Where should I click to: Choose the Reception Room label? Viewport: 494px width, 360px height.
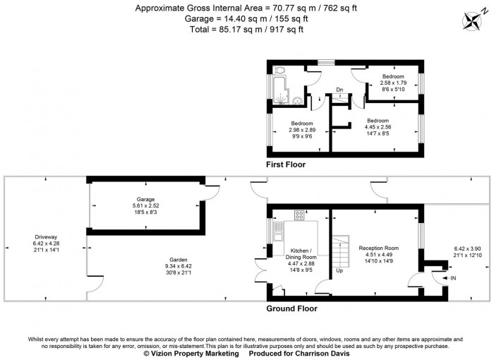[x=379, y=248]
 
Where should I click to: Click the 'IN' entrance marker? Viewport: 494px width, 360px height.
[x=452, y=280]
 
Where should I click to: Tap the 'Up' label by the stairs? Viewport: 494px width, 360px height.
[x=340, y=270]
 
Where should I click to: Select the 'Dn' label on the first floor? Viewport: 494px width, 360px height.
[x=339, y=90]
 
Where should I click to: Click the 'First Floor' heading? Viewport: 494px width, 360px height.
[x=289, y=164]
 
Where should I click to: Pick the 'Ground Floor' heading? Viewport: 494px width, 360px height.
[x=291, y=308]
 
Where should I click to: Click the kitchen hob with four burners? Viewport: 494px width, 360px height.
[x=299, y=216]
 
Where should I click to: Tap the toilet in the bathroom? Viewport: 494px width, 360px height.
[x=280, y=71]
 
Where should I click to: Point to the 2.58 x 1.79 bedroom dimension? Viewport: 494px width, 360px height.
[x=393, y=83]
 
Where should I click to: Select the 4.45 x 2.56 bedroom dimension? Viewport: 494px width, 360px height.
[x=378, y=127]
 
